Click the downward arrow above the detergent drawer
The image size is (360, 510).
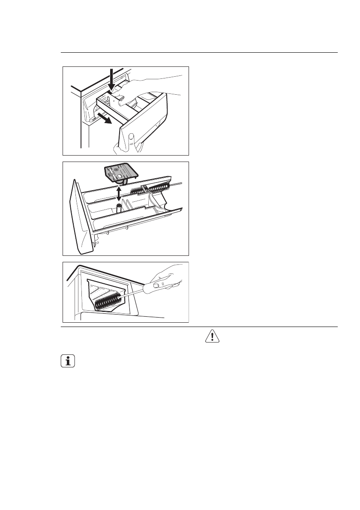click(111, 80)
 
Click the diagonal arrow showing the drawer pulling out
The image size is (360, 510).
click(105, 118)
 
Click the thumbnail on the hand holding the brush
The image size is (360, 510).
click(157, 285)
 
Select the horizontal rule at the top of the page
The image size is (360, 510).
click(199, 53)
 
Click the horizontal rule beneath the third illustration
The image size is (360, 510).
click(199, 327)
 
